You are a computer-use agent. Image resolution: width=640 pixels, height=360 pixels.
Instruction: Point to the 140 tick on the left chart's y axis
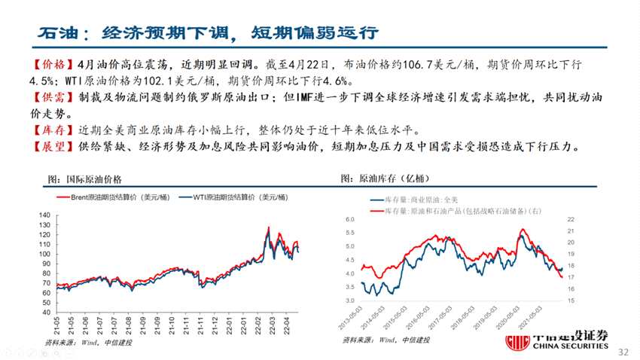tap(43, 215)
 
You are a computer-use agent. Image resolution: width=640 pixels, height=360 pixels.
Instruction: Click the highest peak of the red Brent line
tap(268, 227)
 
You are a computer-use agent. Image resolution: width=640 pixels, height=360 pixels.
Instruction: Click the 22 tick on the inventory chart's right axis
tap(571, 219)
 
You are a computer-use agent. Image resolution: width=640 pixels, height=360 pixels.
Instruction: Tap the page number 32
tap(623, 352)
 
